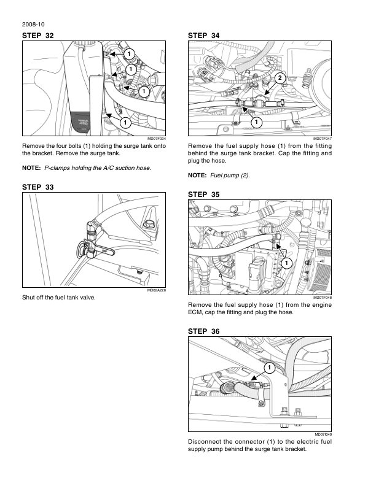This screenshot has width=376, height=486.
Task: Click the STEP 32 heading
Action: click(x=37, y=36)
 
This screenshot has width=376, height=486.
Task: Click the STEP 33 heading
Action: click(x=37, y=187)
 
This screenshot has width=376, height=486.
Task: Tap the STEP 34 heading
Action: click(x=203, y=36)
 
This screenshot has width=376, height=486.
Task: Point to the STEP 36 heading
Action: click(x=203, y=331)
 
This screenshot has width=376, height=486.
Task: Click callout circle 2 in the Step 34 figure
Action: click(x=280, y=77)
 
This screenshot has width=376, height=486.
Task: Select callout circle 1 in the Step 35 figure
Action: click(x=286, y=263)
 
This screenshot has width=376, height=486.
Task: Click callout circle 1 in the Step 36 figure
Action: click(x=269, y=368)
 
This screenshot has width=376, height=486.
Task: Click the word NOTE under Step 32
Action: click(x=31, y=168)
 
